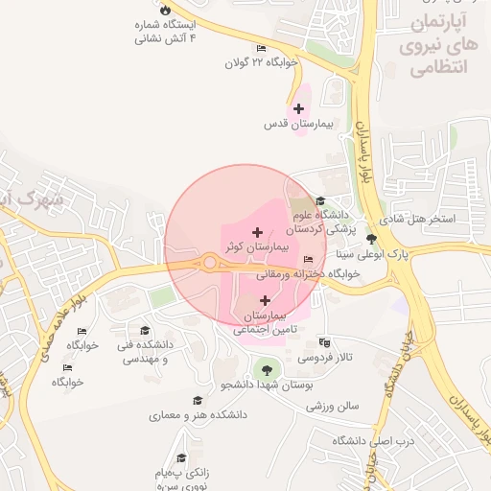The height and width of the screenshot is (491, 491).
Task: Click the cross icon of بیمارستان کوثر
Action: (257, 232)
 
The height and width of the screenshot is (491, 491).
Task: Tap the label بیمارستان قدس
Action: (298, 125)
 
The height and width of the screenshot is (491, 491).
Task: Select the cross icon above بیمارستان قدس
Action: (299, 108)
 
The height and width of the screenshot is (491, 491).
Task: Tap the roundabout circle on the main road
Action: (209, 263)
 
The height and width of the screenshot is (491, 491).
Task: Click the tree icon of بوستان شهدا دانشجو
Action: (266, 368)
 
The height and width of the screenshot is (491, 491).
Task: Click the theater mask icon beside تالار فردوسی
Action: (325, 341)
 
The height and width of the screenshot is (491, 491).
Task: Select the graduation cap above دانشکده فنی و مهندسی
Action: (145, 330)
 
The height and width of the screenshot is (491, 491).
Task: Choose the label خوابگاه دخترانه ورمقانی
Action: (307, 273)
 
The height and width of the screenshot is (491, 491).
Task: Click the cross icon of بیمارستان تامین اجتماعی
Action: (266, 301)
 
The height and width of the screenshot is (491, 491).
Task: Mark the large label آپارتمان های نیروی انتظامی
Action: (443, 45)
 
